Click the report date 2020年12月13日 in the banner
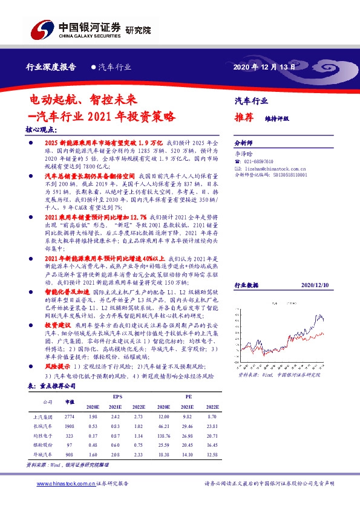[264, 68]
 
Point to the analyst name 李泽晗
[243, 154]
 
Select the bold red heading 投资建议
[58, 325]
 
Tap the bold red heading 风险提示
[57, 366]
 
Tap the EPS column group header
[117, 396]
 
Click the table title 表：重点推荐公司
[51, 385]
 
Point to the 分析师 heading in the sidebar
[244, 145]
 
